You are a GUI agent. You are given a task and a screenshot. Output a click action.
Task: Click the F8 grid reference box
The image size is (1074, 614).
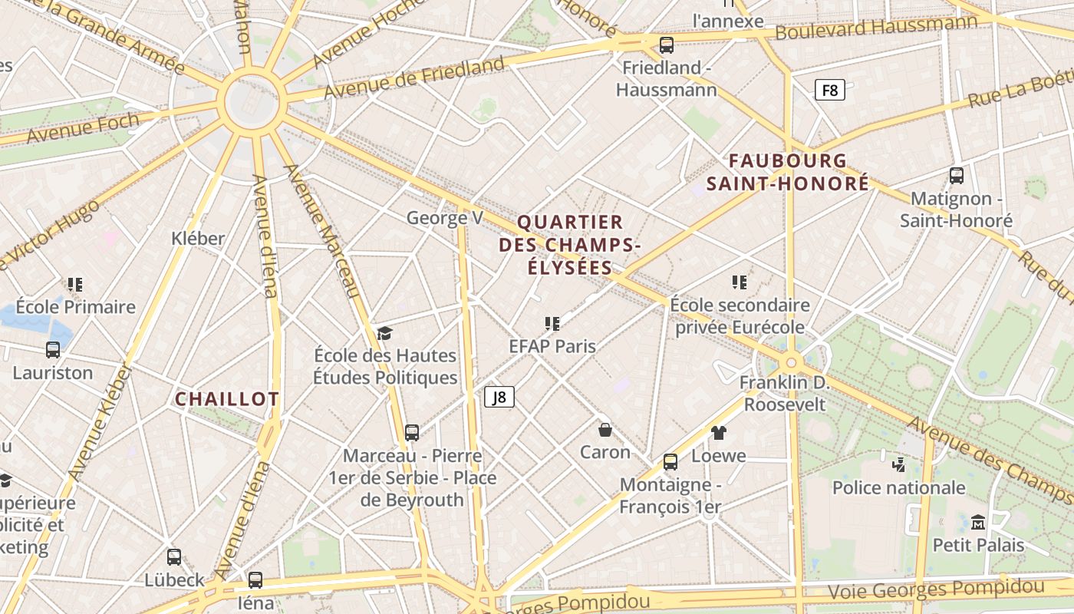click(x=829, y=91)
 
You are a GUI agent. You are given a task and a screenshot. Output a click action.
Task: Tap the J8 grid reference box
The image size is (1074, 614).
click(x=499, y=397)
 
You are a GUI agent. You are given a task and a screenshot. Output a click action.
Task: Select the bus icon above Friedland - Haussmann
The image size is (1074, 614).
click(x=667, y=45)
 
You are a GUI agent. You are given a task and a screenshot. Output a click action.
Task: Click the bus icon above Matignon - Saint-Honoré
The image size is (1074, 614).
click(x=957, y=175)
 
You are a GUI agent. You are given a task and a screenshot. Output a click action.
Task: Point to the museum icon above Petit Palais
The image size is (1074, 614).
click(x=978, y=523)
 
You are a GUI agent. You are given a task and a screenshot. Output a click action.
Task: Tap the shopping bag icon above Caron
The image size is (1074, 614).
click(x=605, y=430)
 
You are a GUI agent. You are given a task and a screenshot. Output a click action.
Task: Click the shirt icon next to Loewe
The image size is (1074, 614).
click(x=718, y=433)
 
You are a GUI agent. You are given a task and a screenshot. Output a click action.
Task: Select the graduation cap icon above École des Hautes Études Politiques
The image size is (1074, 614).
click(x=384, y=333)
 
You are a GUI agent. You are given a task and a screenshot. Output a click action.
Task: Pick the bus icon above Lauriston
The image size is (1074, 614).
click(x=53, y=350)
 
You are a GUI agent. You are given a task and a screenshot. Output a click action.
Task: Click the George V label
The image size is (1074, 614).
click(x=445, y=219)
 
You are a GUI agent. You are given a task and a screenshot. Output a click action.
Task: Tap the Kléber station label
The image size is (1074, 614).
click(x=199, y=239)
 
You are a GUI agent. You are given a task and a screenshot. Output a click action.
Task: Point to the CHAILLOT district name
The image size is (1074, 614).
click(x=227, y=399)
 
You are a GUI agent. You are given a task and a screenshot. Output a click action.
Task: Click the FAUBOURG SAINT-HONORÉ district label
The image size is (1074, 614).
click(x=788, y=172)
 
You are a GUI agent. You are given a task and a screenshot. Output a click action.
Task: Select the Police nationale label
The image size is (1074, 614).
click(x=898, y=487)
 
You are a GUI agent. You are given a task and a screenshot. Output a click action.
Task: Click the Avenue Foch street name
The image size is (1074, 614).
click(x=83, y=127)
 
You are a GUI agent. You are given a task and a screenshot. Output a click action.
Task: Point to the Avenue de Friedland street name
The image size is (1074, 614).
click(x=414, y=78)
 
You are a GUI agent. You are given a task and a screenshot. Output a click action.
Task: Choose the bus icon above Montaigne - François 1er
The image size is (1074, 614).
click(x=670, y=461)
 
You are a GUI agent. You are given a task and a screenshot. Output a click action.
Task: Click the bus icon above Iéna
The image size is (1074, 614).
click(x=255, y=579)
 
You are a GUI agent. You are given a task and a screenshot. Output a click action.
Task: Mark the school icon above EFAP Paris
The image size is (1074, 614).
click(x=552, y=324)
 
